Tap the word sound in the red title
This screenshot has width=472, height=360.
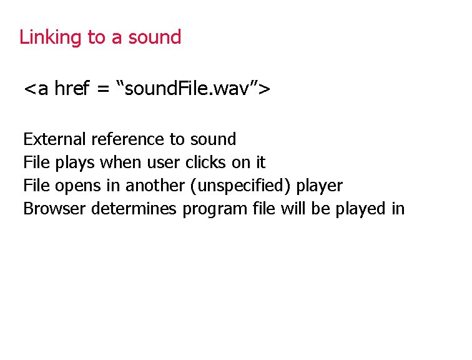point(154,37)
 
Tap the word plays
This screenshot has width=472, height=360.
point(76,162)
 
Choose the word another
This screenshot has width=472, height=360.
point(148,186)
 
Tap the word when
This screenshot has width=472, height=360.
point(120,162)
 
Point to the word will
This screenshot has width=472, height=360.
point(292,209)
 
